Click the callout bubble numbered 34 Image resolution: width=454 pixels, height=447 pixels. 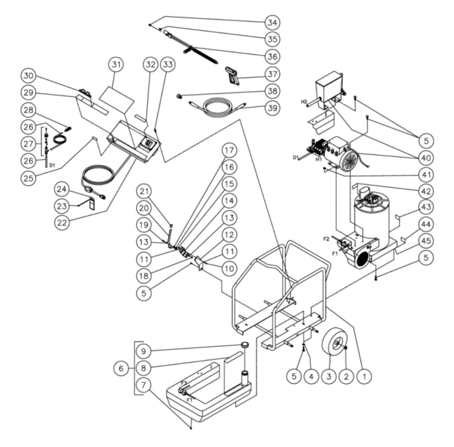(x=272, y=22)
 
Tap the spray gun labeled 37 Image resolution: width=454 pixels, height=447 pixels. (x=232, y=76)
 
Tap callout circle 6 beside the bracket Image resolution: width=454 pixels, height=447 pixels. (x=121, y=369)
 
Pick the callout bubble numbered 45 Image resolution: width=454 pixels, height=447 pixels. (x=426, y=240)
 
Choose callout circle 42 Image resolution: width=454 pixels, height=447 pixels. (x=426, y=191)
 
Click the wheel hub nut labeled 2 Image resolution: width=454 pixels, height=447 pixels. (x=346, y=347)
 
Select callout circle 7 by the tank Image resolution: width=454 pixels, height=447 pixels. (x=146, y=385)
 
